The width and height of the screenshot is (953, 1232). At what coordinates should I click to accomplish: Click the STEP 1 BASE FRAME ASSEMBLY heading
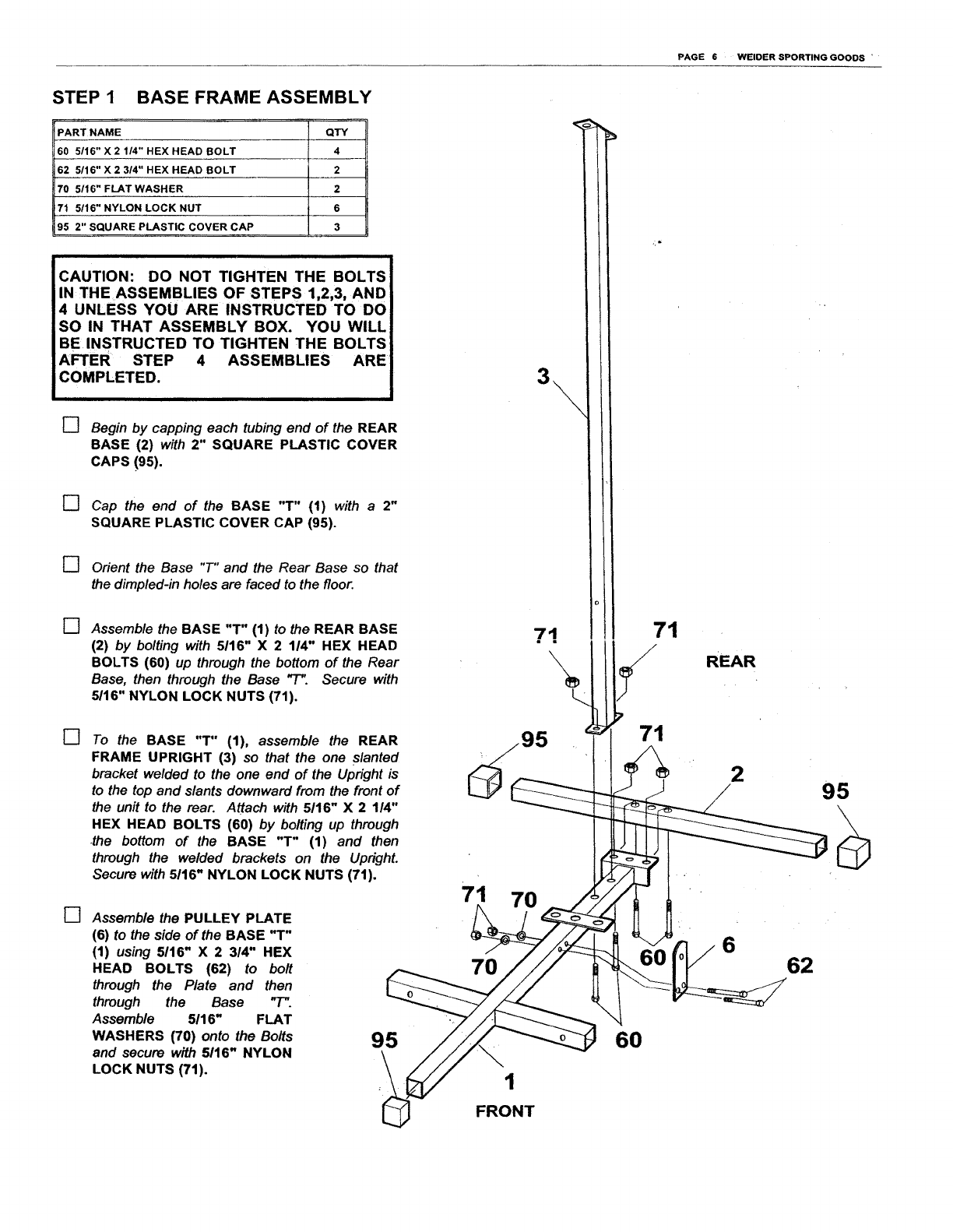[x=212, y=98]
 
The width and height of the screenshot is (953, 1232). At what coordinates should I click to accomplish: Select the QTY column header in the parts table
[x=336, y=132]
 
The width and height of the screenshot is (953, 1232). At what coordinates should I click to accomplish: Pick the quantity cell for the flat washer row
[x=336, y=188]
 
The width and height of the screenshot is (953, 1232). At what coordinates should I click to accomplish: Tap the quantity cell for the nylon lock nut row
[x=336, y=208]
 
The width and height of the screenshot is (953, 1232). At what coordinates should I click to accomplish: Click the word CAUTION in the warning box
[x=97, y=277]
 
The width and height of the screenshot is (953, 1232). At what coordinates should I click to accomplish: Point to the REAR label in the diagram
[x=730, y=662]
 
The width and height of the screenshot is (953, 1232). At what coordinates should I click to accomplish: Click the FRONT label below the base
[x=505, y=1111]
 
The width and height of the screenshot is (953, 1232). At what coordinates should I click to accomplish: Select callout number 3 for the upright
[x=543, y=378]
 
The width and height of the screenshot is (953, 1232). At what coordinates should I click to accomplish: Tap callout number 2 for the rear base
[x=737, y=774]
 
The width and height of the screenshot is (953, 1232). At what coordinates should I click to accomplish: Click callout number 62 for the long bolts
[x=800, y=966]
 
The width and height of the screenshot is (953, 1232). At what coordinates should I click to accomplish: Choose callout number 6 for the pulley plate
[x=729, y=945]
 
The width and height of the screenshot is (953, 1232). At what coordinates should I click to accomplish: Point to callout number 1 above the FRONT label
[x=510, y=1081]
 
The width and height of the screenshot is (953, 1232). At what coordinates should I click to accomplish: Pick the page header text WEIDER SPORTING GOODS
[x=800, y=57]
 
